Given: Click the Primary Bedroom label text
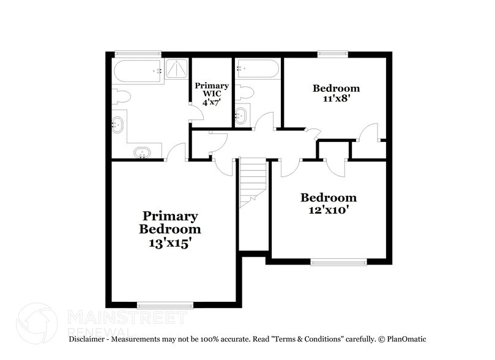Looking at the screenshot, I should [170, 223].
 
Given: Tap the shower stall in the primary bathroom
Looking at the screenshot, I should [177, 70].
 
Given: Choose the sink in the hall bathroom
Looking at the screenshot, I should [241, 114].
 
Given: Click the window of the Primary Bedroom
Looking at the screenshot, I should [165, 304].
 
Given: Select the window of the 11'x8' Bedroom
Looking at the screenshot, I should [333, 54].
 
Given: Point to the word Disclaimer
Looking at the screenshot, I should [89, 339].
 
